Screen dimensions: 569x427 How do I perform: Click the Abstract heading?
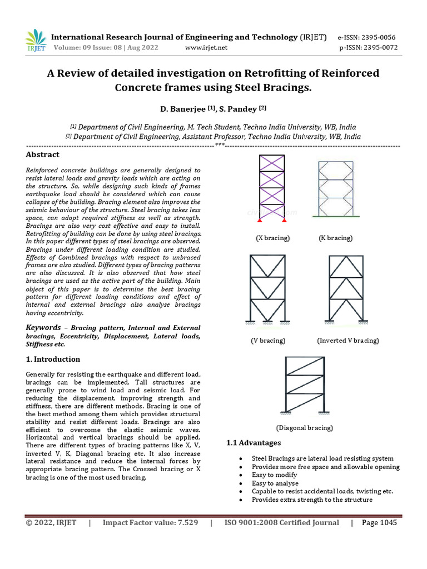(x=42, y=154)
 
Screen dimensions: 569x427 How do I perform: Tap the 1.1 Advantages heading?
(x=254, y=443)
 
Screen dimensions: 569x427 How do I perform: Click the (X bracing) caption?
(x=272, y=238)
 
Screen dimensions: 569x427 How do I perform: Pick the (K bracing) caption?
(x=335, y=238)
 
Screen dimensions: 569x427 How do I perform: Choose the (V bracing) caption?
(x=267, y=341)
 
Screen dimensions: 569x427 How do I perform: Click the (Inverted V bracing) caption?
(x=348, y=341)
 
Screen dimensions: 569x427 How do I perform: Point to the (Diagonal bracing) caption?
(x=304, y=428)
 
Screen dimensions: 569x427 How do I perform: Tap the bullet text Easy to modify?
(x=275, y=475)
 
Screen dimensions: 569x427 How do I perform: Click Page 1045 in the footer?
(x=379, y=523)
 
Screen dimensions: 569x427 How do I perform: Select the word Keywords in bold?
(x=43, y=328)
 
